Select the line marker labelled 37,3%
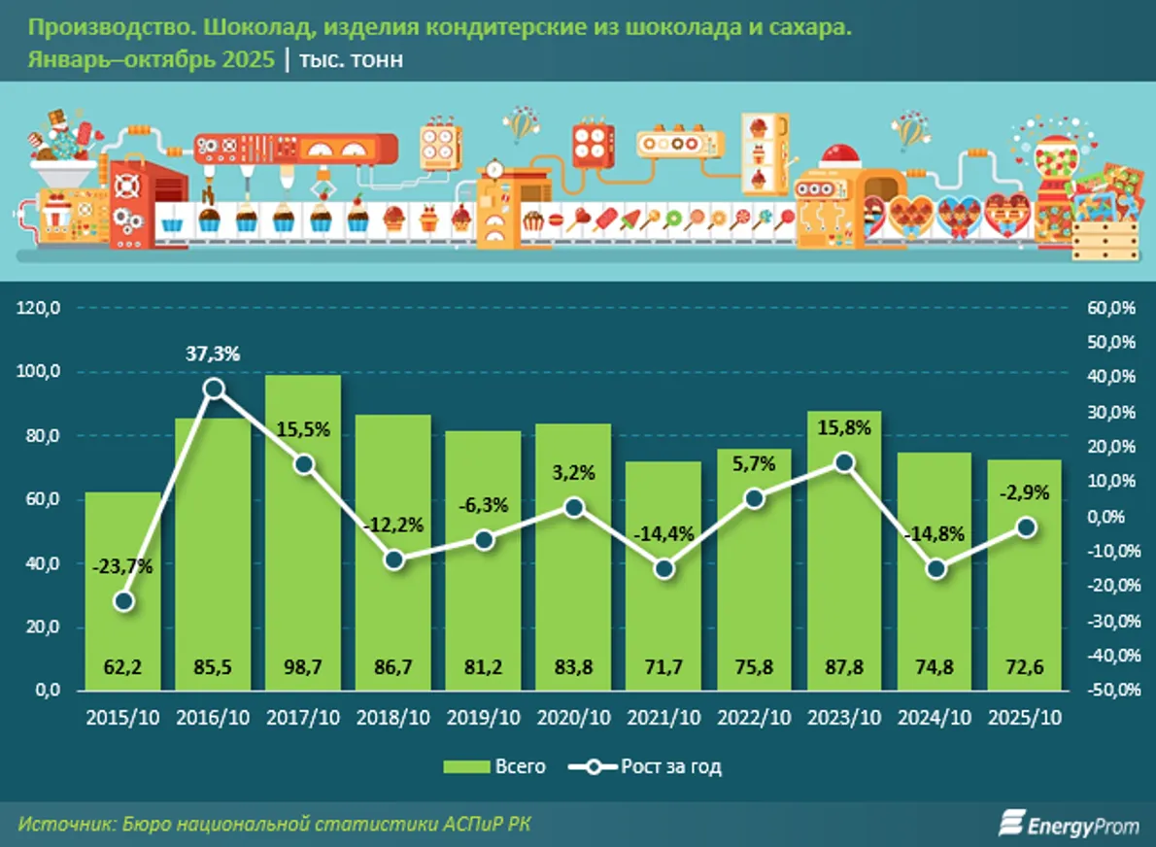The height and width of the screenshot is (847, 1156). (214, 390)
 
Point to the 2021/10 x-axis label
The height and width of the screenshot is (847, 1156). (663, 718)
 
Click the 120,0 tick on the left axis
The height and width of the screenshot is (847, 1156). (40, 308)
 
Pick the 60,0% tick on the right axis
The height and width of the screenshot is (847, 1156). (1110, 308)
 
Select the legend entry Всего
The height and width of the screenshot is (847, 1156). (494, 766)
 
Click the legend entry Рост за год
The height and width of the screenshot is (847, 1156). (653, 766)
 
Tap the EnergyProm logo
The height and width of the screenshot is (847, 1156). (1065, 824)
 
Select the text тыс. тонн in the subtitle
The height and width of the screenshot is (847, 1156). (353, 60)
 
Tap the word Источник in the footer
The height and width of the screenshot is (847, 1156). (63, 824)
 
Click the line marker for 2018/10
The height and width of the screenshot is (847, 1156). (393, 559)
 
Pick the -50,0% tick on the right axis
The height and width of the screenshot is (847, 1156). (1110, 691)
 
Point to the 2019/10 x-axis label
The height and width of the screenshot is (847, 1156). (484, 718)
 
